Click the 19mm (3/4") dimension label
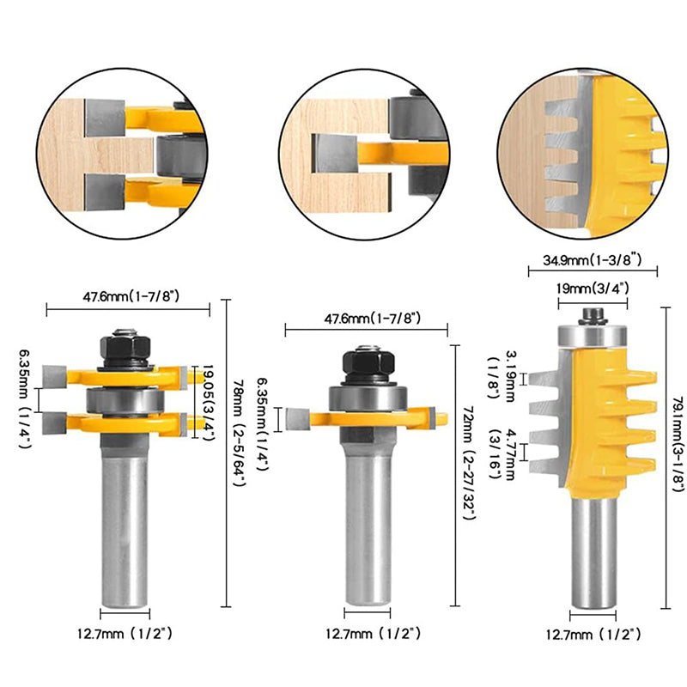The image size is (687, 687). (592, 290)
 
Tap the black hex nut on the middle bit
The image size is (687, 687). (368, 364)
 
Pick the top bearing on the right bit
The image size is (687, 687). (593, 334)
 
